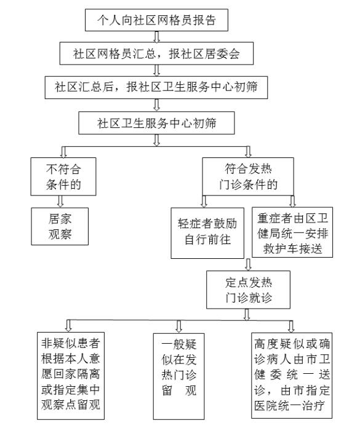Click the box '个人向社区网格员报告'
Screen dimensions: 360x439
(x=156, y=20)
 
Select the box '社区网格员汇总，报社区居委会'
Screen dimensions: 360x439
(x=156, y=53)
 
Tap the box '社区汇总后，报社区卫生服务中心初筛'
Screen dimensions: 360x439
(x=156, y=87)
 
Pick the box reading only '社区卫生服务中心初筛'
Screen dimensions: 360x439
(x=156, y=123)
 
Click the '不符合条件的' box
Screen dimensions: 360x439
(x=63, y=176)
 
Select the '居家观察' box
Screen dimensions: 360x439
(x=60, y=226)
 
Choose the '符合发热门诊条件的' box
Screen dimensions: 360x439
(x=248, y=176)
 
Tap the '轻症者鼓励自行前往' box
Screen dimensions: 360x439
(x=207, y=232)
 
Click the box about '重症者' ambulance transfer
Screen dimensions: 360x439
(x=292, y=232)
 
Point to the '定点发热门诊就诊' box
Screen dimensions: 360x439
(x=248, y=290)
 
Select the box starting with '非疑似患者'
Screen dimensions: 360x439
(x=71, y=376)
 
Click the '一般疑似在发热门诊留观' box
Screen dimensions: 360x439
(x=178, y=376)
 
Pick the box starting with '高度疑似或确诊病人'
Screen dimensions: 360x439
(x=292, y=376)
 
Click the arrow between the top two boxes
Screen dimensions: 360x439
(x=156, y=37)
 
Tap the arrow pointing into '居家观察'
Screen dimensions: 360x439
(x=60, y=202)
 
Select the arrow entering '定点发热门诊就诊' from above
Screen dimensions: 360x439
(x=248, y=264)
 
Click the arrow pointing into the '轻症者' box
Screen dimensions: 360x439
(x=204, y=201)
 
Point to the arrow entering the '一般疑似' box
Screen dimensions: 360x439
(x=178, y=326)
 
